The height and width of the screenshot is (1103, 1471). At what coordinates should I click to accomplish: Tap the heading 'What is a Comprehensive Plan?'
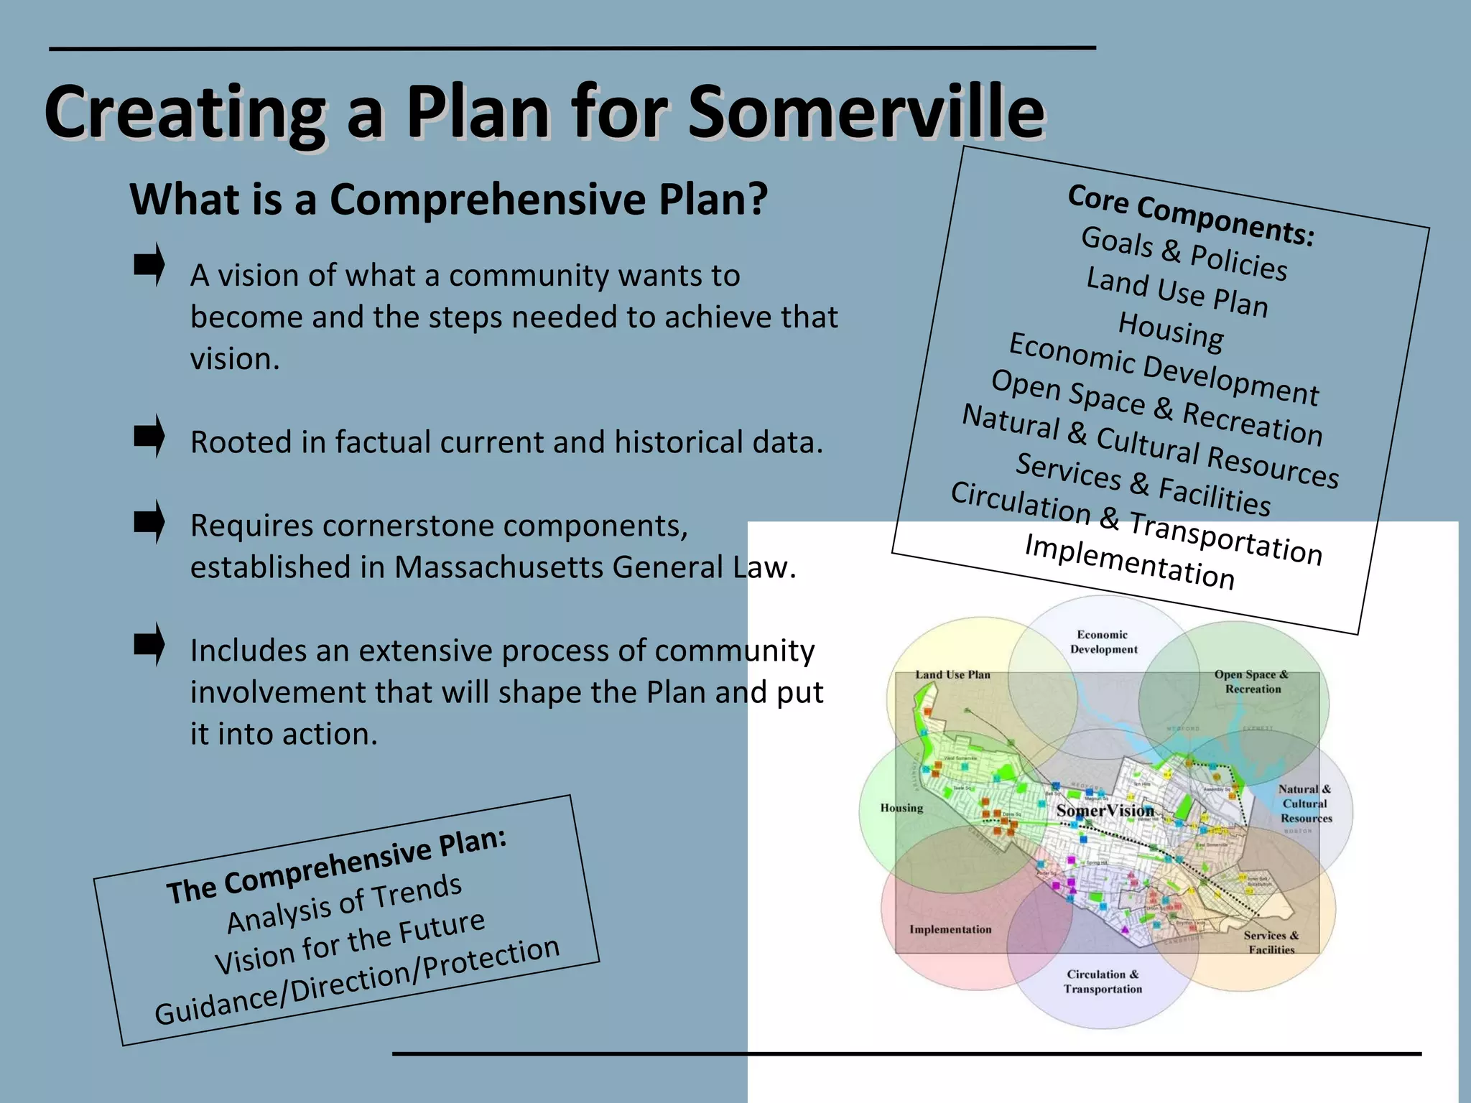point(448,199)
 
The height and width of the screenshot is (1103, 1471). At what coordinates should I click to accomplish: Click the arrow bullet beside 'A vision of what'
point(149,265)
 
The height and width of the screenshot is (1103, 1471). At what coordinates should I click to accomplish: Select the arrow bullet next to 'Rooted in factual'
point(149,436)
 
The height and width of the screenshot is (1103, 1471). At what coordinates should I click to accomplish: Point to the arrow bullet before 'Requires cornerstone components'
point(149,521)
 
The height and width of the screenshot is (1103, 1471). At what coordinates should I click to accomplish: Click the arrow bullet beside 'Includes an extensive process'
point(149,644)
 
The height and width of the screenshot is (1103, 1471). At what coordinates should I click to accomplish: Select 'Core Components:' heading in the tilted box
point(1191,215)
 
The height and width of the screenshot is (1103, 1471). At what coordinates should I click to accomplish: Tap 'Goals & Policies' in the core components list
point(1184,253)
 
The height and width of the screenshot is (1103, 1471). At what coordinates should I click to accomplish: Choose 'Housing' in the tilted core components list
point(1171,332)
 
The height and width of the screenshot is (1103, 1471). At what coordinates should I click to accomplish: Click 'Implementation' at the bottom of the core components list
point(1129,562)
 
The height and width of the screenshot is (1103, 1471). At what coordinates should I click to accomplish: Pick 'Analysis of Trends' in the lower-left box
point(344,903)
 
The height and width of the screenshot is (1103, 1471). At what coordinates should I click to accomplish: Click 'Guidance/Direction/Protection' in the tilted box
point(357,981)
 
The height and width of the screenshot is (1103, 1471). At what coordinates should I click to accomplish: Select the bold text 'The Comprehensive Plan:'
point(336,866)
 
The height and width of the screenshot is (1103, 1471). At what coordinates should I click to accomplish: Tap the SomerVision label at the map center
point(1105,811)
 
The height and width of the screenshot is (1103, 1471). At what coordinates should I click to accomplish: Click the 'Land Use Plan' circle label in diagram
point(952,675)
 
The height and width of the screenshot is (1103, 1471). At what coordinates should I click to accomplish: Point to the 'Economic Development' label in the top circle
point(1103,642)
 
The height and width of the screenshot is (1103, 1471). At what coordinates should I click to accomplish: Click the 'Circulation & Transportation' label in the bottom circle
point(1103,982)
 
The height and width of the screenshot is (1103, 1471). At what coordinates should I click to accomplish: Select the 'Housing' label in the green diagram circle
point(901,808)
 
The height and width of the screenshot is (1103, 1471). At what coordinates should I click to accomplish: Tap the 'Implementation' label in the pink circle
point(950,929)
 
